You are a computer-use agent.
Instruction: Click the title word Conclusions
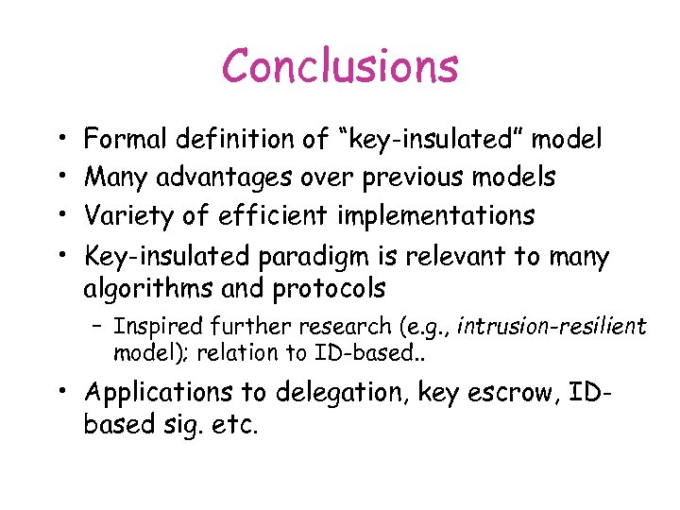click(x=340, y=66)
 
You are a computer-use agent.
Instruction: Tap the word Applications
click(x=159, y=391)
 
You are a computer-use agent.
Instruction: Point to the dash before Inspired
click(x=97, y=327)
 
